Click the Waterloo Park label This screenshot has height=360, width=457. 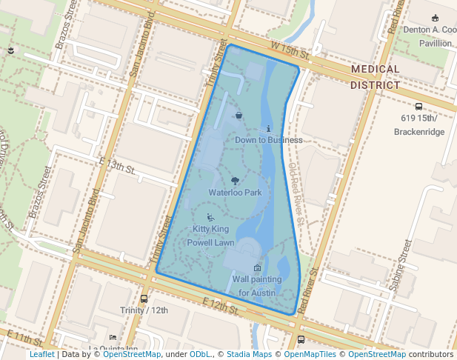[x=235, y=193]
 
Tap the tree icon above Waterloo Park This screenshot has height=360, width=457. [x=235, y=180]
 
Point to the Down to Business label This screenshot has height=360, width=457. [x=268, y=140]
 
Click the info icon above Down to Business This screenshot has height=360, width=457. [x=267, y=128]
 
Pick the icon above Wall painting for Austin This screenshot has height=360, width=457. [x=257, y=267]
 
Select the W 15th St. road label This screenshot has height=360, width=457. [x=290, y=51]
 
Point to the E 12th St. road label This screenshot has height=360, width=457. [x=222, y=305]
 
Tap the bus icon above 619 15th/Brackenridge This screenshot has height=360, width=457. [x=419, y=107]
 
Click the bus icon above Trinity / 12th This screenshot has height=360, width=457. [x=144, y=299]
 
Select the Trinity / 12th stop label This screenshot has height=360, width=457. [x=144, y=310]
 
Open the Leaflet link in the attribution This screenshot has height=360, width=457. [x=41, y=355]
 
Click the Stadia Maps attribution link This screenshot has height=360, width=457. [x=249, y=355]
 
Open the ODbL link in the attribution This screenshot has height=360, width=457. [x=201, y=355]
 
